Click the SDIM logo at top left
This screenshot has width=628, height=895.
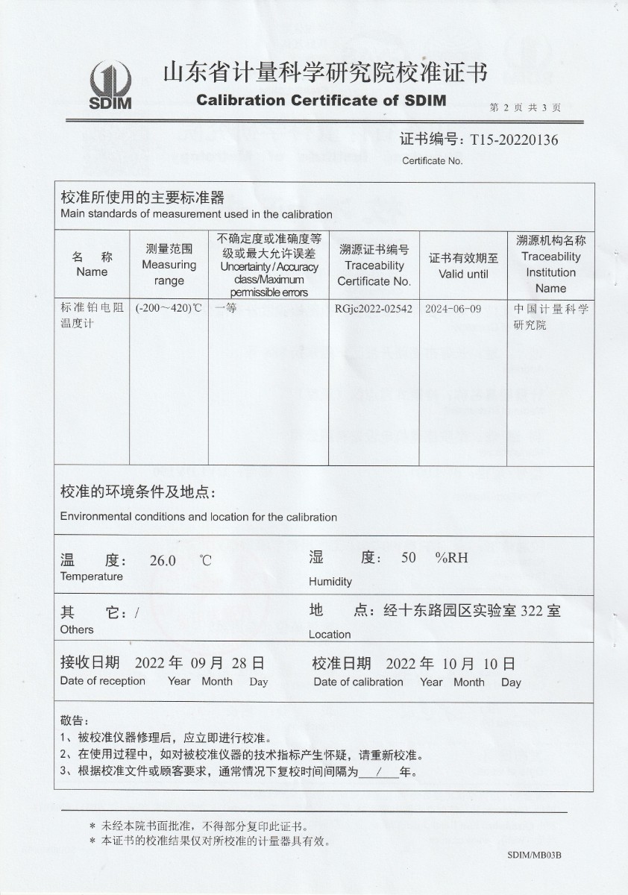[x=110, y=85]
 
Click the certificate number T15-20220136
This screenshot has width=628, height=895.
[x=514, y=139]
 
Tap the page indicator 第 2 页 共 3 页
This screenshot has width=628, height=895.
[x=525, y=107]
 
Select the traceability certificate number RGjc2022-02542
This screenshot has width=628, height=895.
[x=374, y=309]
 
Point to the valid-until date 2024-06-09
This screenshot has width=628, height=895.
[x=453, y=309]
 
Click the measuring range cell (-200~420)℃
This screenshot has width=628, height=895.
[x=169, y=308]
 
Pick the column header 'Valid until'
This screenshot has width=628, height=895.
[x=463, y=274]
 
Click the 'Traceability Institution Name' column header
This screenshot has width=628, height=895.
[x=550, y=272]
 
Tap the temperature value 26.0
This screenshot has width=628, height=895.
[x=163, y=561]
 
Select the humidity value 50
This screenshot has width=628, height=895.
[x=408, y=557]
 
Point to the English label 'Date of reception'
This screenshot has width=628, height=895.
[x=103, y=680]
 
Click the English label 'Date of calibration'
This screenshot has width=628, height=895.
[x=358, y=682]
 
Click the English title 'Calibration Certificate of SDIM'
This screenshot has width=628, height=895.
[x=321, y=101]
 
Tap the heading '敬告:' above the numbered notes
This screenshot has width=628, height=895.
[x=72, y=720]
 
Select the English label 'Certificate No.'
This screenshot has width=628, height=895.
[x=432, y=160]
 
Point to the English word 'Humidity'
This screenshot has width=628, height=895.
[x=330, y=582]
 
